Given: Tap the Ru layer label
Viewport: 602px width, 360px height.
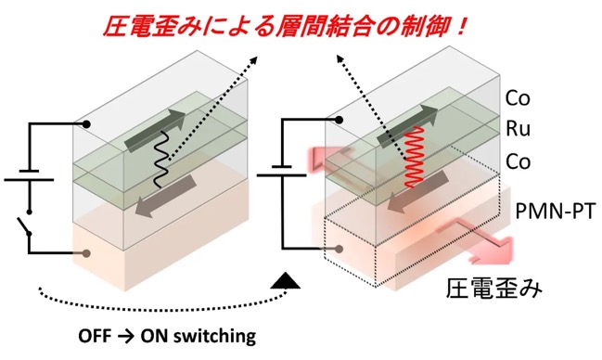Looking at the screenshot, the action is [518, 128].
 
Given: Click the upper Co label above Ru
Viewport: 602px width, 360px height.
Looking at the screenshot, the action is [518, 97].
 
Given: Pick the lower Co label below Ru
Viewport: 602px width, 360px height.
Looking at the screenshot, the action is [518, 161].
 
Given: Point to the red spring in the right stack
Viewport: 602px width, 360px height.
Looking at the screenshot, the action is [415, 157].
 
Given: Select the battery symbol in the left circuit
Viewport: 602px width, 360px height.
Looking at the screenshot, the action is [29, 175].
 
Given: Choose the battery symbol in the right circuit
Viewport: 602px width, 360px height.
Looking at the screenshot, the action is [281, 171].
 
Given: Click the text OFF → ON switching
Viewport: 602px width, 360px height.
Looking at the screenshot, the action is [167, 336].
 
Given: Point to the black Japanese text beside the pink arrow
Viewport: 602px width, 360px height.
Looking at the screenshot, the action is [494, 289].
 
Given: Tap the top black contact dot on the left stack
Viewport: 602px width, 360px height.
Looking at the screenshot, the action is [87, 124].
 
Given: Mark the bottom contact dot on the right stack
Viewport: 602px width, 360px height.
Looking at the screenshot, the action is [339, 249].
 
